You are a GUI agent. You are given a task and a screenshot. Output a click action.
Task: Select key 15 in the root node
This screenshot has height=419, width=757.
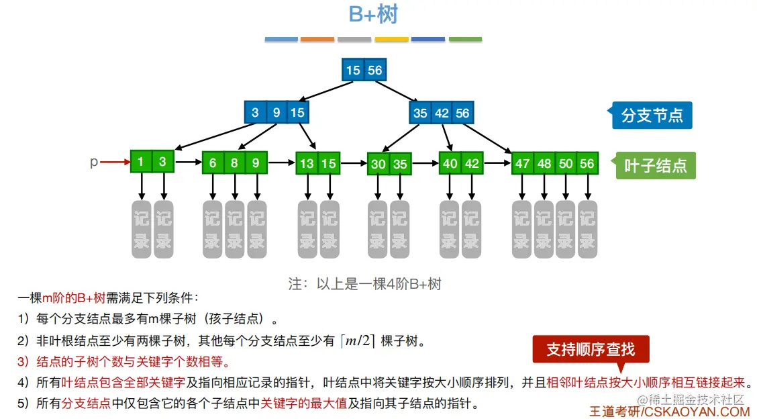pos(353,70)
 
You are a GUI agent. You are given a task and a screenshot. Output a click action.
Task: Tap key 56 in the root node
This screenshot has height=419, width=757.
pos(374,70)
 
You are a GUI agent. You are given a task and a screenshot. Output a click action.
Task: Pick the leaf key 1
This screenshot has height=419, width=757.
pos(141,162)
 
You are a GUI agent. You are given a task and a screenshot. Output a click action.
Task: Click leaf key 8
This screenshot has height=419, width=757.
pos(234,162)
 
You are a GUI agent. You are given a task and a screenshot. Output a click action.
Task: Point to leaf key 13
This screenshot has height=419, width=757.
pos(307,163)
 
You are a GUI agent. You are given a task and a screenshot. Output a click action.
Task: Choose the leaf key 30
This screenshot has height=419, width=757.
pos(378,165)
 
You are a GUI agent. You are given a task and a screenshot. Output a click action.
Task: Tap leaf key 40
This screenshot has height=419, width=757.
pos(450,163)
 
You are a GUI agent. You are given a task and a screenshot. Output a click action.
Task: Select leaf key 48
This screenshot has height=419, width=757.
pos(544,163)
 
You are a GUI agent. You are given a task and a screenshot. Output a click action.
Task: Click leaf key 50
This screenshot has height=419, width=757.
pos(566,163)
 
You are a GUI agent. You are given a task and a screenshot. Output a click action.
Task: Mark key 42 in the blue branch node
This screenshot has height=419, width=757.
pos(442,113)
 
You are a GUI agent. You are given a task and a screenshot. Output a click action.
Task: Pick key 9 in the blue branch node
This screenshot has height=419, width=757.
pos(276,113)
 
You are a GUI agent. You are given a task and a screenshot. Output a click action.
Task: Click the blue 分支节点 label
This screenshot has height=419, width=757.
pos(652,115)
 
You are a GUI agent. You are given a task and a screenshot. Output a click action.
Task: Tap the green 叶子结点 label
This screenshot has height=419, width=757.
pos(656,165)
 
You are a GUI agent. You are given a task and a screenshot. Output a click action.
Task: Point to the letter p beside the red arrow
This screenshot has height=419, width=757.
pos(94,162)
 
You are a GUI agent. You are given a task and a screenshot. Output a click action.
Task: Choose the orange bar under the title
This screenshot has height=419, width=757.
pos(317,40)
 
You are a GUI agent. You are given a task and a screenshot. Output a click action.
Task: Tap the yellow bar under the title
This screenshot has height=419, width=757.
pos(392,40)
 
